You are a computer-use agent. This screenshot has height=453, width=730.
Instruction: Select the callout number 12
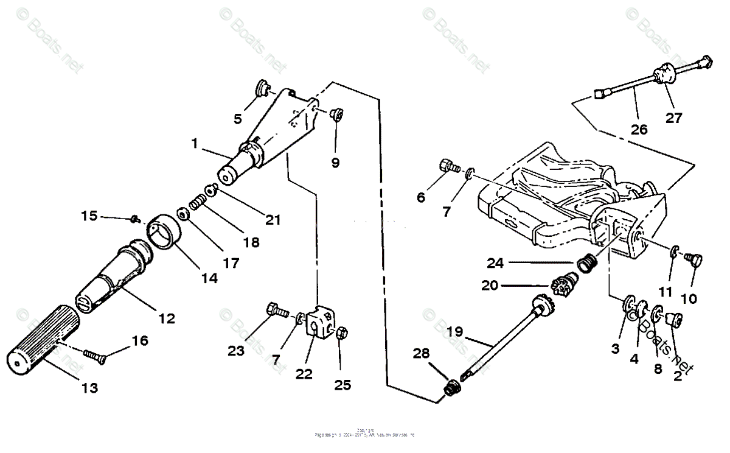[x=167, y=318]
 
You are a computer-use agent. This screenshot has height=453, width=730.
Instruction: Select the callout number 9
[x=336, y=163]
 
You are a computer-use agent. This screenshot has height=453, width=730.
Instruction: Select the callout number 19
[x=455, y=332]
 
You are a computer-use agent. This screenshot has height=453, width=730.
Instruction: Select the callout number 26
[x=639, y=130]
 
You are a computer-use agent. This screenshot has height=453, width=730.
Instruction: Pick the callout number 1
[x=194, y=144]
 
